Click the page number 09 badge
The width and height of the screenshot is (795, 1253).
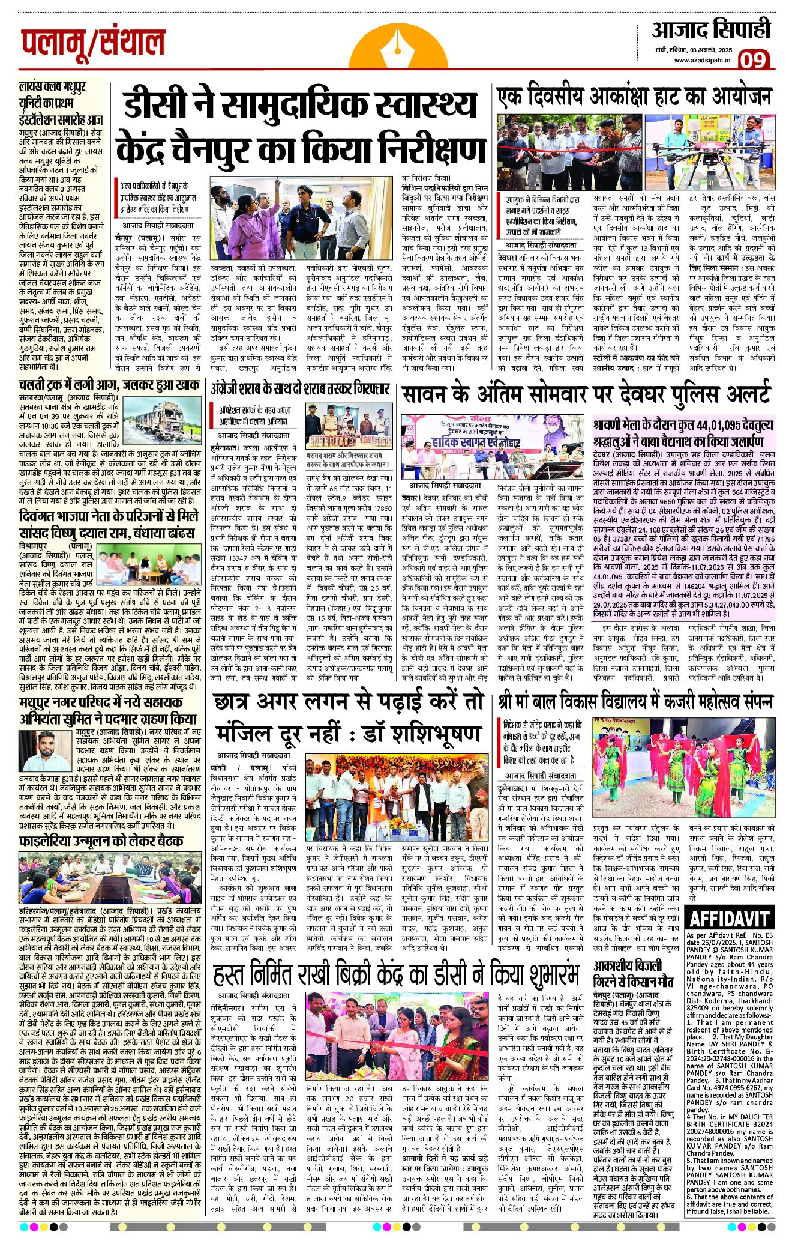click(x=752, y=60)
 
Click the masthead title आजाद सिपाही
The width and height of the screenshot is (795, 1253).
click(x=711, y=29)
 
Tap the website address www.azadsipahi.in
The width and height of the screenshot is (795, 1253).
click(x=701, y=60)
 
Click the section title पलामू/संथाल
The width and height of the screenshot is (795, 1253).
click(x=93, y=43)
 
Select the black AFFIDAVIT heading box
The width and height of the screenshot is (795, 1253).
click(x=728, y=919)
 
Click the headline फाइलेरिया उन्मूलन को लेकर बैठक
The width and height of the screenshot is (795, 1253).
click(x=101, y=840)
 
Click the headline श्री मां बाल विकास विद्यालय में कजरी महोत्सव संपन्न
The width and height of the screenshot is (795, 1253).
click(x=634, y=702)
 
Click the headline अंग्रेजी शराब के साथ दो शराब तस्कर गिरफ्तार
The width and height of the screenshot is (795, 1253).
click(x=300, y=387)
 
